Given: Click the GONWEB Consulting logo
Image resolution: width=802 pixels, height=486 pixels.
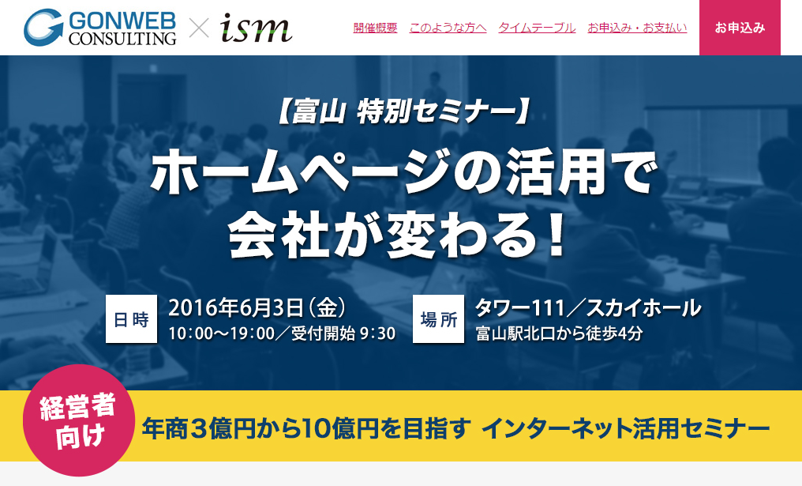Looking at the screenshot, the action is (99, 27).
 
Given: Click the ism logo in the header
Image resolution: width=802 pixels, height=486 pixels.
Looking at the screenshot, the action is (257, 28).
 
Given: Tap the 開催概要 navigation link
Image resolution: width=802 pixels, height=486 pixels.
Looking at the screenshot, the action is (375, 28).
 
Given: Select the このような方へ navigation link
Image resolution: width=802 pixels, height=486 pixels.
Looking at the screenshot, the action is (448, 28).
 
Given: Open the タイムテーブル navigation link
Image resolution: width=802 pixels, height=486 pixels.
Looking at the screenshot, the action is (537, 28).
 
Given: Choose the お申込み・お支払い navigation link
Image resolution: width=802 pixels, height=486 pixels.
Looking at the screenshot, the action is (637, 28).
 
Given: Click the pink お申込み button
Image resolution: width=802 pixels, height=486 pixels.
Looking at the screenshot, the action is (740, 28).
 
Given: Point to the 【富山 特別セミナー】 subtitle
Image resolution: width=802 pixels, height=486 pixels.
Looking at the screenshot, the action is (401, 112).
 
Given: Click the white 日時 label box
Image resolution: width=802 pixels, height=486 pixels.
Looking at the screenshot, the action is (131, 319).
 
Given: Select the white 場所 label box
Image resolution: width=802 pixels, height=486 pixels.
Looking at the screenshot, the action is (438, 319).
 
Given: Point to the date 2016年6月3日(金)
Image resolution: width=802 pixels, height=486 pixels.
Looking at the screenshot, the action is (257, 307).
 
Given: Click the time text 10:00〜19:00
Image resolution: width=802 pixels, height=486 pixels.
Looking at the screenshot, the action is (222, 334).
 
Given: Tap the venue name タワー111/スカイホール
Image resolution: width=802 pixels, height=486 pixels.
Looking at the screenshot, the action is (588, 307).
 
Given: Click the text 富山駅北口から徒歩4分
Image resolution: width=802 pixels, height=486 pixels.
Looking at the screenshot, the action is (559, 334).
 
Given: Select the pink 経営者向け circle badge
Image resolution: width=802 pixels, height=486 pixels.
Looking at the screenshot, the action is (79, 420).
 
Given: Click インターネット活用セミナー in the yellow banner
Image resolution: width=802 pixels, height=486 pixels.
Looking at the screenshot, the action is (625, 428).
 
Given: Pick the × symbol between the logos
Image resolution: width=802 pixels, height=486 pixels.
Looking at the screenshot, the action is (199, 28).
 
